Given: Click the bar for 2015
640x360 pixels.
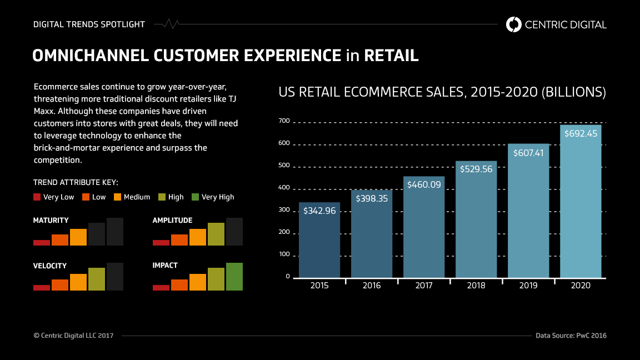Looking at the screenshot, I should pos(319,240).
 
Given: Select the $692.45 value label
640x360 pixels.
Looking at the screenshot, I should pos(581,133).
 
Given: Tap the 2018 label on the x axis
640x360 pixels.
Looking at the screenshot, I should pos(476,286).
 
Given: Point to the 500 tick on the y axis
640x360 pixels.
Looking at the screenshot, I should pos(284,166).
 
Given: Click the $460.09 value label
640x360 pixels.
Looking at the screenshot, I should pos(424,184).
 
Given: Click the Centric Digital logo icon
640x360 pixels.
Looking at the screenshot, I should pos(514,24).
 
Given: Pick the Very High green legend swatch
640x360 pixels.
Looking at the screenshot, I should pos(195,197).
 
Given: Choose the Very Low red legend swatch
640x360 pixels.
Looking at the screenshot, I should pos(37,197).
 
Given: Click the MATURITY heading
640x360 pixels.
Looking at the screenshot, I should pos(51,221).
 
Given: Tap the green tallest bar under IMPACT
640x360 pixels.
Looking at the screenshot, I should pos(234,276).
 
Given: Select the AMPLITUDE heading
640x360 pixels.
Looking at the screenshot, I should pos(173,221).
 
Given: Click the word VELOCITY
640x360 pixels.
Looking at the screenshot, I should pos(50,266).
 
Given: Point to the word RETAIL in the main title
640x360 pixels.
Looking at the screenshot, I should pos(391,56).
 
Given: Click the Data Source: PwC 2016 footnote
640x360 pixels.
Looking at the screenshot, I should pos(571,336).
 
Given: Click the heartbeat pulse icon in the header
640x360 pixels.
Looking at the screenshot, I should pos(167,24).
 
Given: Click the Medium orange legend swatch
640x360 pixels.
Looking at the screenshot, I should pos(117,197).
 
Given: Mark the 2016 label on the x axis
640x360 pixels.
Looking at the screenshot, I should pos(372,286).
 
